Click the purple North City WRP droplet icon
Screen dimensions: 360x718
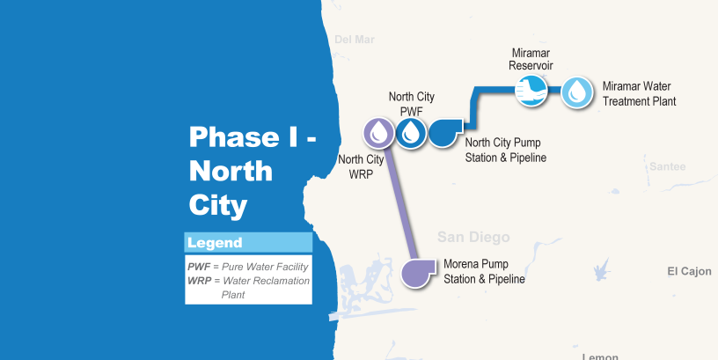click(x=379, y=133)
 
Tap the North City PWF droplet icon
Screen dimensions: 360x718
click(x=411, y=133)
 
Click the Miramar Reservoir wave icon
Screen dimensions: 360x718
click(x=531, y=91)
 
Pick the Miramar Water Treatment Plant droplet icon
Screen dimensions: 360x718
click(x=577, y=91)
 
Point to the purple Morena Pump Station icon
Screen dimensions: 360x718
click(x=417, y=272)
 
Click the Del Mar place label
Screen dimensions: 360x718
click(x=355, y=40)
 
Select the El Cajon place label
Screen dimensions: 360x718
click(x=689, y=271)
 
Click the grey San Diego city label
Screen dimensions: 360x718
click(x=473, y=238)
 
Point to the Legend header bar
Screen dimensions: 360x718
click(x=248, y=243)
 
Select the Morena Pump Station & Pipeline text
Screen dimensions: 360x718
click(x=484, y=272)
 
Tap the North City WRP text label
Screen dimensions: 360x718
click(x=362, y=166)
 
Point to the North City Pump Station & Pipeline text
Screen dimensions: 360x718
click(x=506, y=150)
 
